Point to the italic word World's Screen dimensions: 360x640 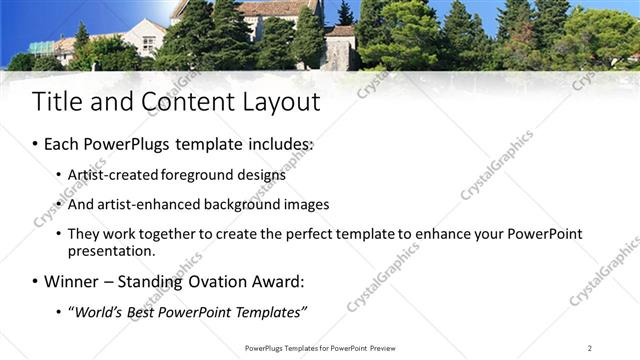coord(98,312)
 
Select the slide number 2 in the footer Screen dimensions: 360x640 coord(590,348)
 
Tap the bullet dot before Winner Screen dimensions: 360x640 coord(35,283)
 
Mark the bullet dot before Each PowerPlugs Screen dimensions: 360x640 coord(35,146)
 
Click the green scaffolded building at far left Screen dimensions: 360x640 coord(43,47)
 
